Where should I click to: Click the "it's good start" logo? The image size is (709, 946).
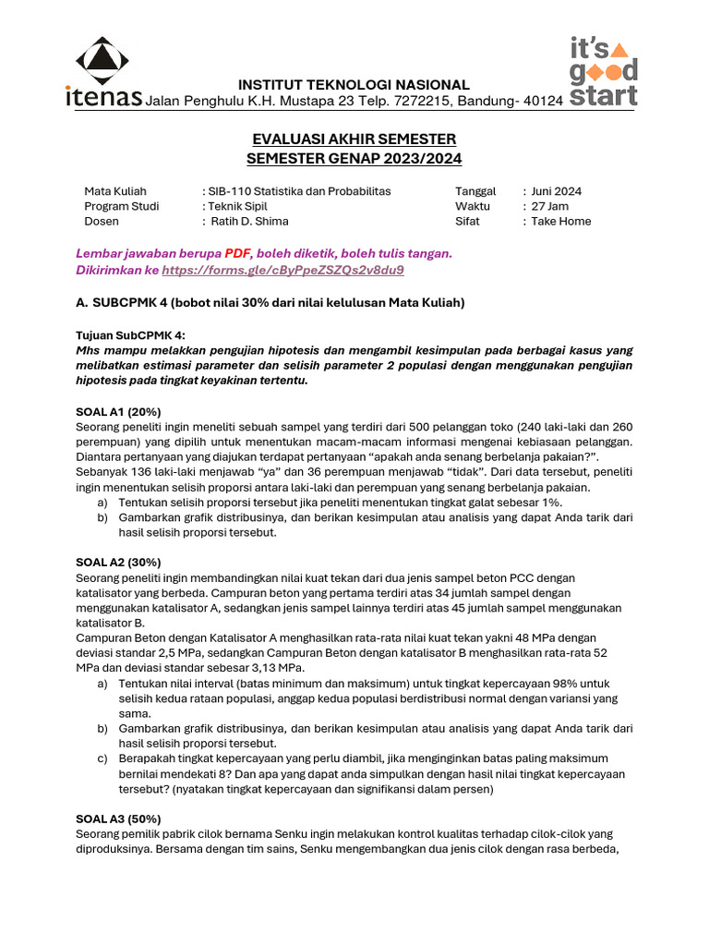pos(602,73)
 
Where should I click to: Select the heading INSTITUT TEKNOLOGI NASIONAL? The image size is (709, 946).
pos(354,85)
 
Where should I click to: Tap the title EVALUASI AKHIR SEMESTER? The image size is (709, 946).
pos(354,139)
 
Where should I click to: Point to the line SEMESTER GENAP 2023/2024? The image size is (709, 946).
pos(354,158)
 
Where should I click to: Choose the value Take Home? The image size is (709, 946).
pos(561,221)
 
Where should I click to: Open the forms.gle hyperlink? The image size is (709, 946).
pos(282,271)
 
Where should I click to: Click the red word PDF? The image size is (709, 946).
pos(237,253)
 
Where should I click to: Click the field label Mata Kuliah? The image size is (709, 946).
pos(115,191)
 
